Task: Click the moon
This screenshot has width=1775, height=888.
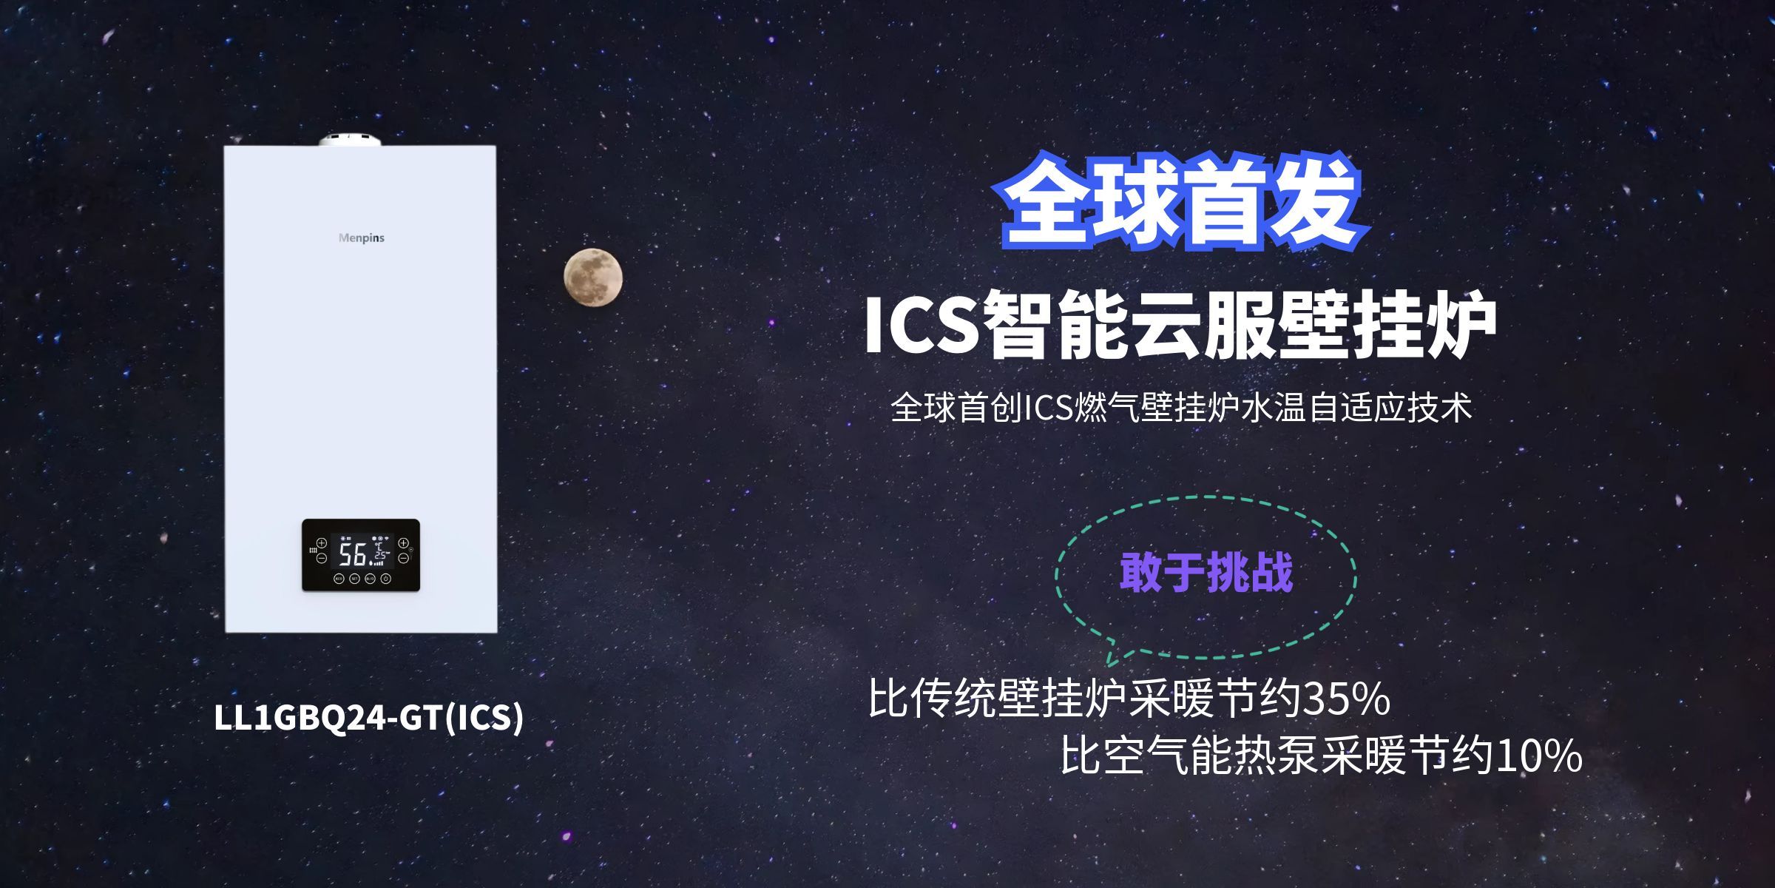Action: [592, 277]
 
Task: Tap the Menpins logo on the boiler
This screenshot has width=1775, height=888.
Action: [361, 238]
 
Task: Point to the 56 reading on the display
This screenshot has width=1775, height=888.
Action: [354, 554]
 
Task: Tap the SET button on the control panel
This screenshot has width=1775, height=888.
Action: [354, 579]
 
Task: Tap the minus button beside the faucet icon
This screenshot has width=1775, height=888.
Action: [403, 559]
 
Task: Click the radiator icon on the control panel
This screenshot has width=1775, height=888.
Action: [313, 551]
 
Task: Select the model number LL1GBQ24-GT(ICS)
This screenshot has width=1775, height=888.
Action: [368, 716]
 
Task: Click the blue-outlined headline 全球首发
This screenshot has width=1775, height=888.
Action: [1182, 201]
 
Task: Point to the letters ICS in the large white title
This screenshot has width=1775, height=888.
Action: [922, 326]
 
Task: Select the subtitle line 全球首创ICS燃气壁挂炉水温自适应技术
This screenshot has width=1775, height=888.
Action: [1180, 408]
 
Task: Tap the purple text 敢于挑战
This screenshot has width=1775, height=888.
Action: [1206, 572]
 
